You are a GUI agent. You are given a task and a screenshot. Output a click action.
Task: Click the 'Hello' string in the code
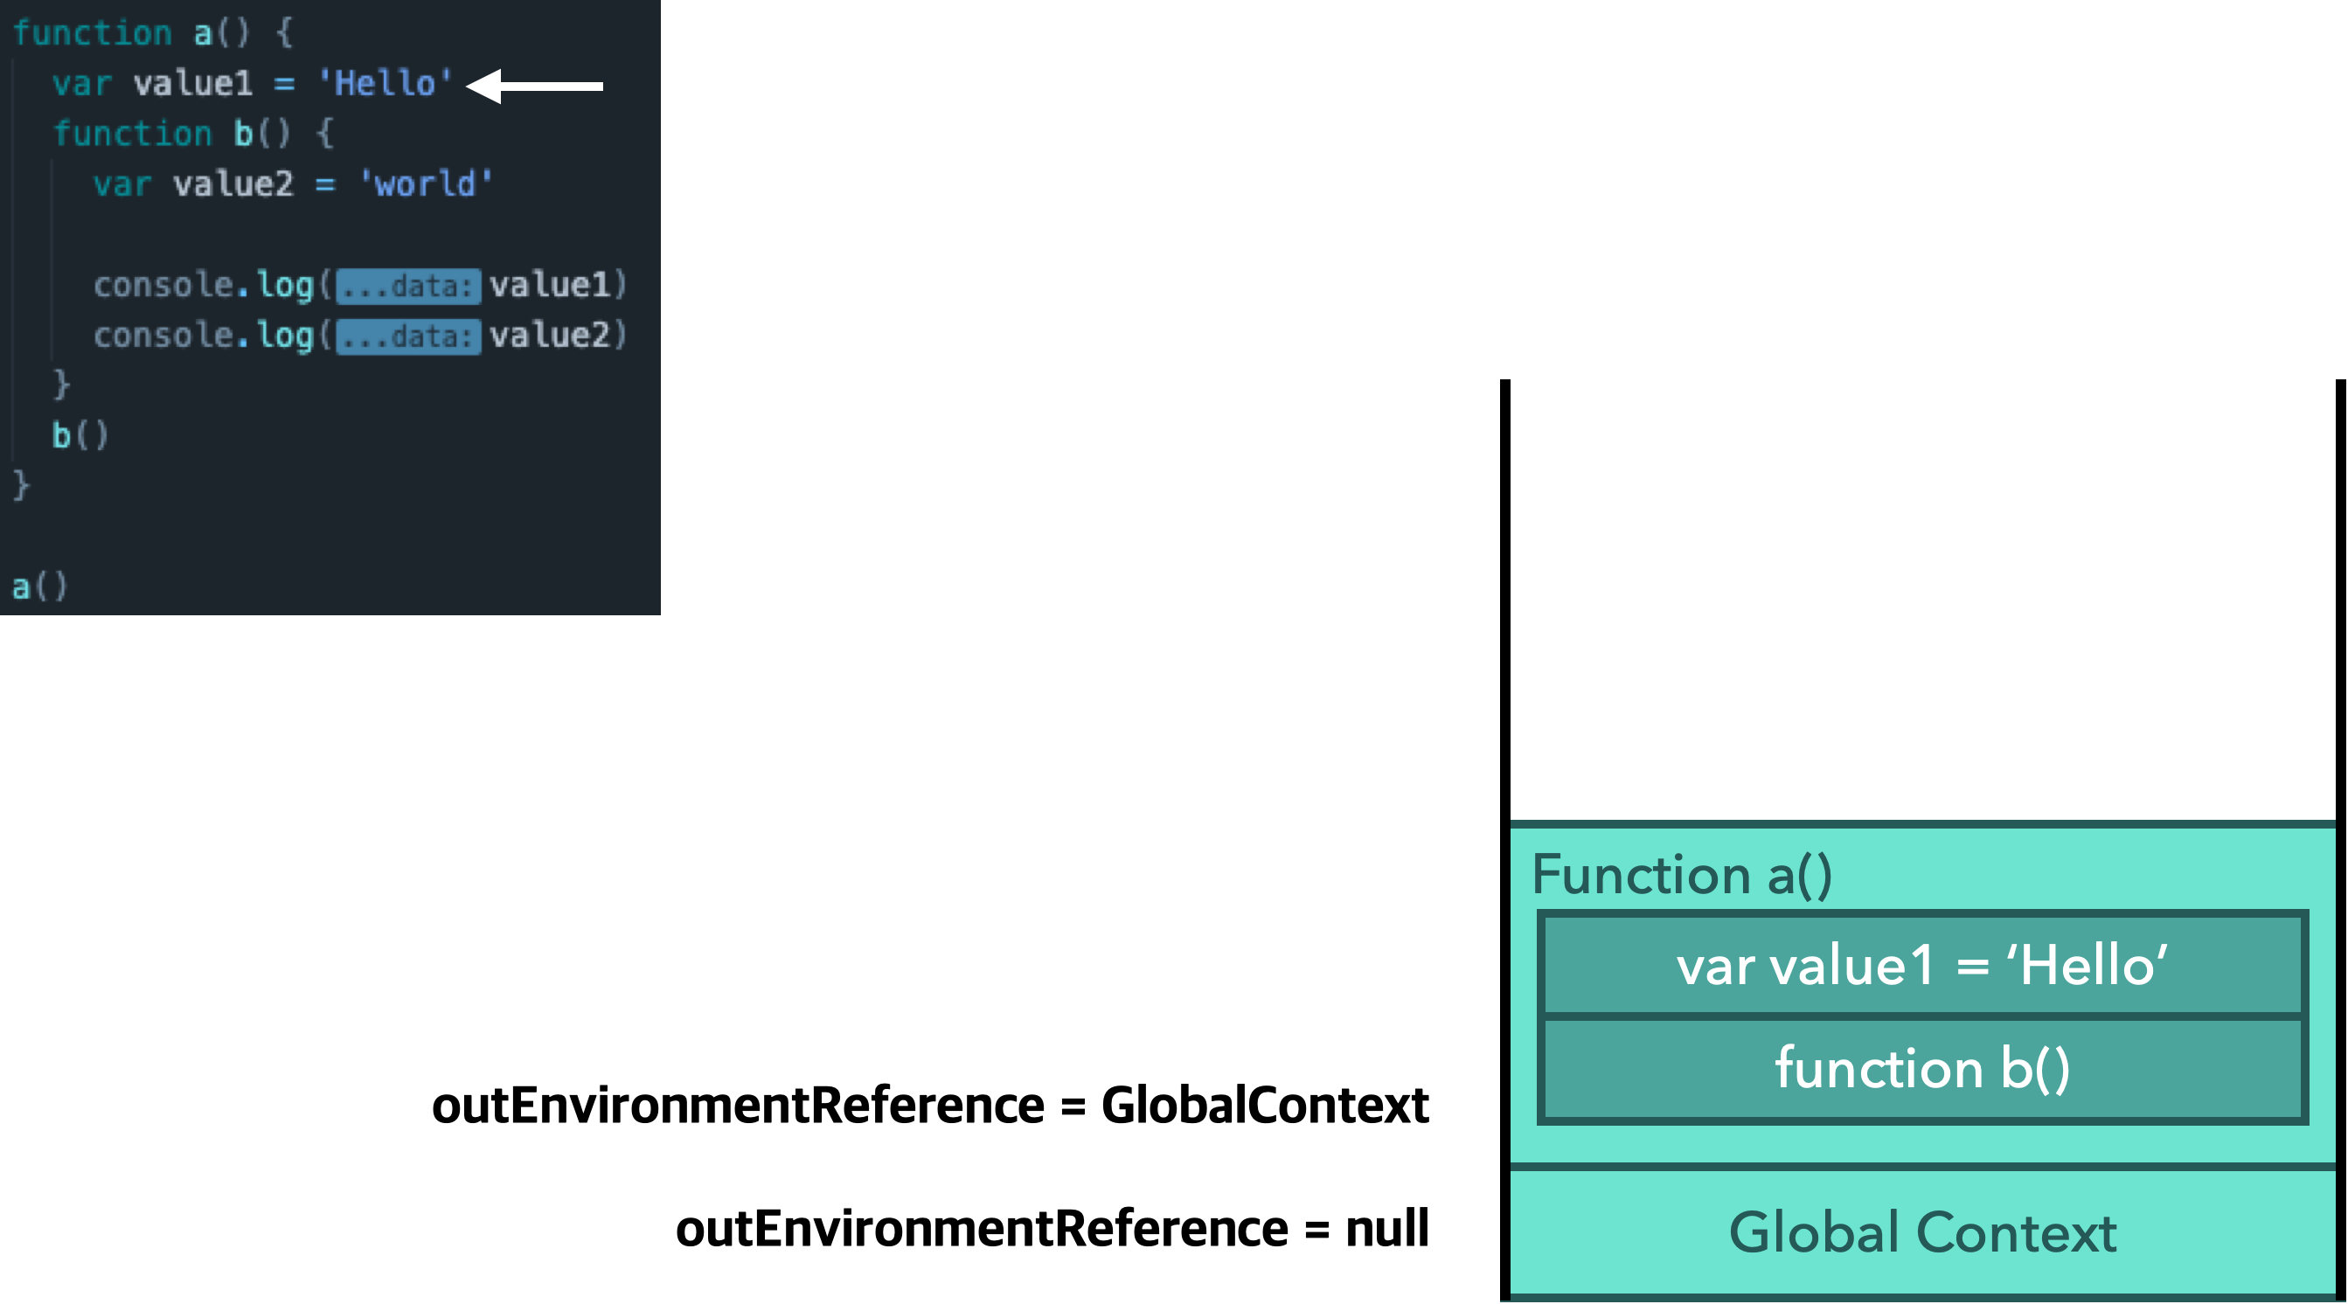click(x=385, y=84)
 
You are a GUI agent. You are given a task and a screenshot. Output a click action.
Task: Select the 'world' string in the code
click(x=426, y=184)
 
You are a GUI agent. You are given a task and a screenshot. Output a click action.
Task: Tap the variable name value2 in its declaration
click(x=233, y=184)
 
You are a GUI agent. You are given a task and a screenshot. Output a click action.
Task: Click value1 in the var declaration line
click(x=193, y=84)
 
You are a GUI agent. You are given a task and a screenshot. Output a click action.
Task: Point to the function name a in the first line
click(x=202, y=34)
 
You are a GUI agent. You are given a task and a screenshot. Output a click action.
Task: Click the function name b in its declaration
click(x=243, y=134)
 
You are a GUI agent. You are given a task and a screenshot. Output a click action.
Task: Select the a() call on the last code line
click(x=39, y=586)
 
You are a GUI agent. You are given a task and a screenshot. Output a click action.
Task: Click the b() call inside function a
click(x=80, y=434)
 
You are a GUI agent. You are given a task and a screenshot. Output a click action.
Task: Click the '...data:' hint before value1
click(x=407, y=286)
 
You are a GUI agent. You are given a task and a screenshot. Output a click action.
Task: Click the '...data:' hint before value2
click(x=407, y=336)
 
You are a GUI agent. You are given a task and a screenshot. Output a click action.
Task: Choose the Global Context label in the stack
click(x=1922, y=1232)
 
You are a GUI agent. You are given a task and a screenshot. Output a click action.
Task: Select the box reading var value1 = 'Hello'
click(x=1922, y=965)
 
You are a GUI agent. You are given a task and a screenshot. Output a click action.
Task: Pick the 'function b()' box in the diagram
click(x=1922, y=1068)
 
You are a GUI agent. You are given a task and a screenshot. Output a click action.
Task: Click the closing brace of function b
click(x=61, y=385)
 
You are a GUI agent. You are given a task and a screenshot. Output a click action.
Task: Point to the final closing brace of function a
click(x=21, y=485)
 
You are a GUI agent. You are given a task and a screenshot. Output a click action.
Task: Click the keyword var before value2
click(x=122, y=184)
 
